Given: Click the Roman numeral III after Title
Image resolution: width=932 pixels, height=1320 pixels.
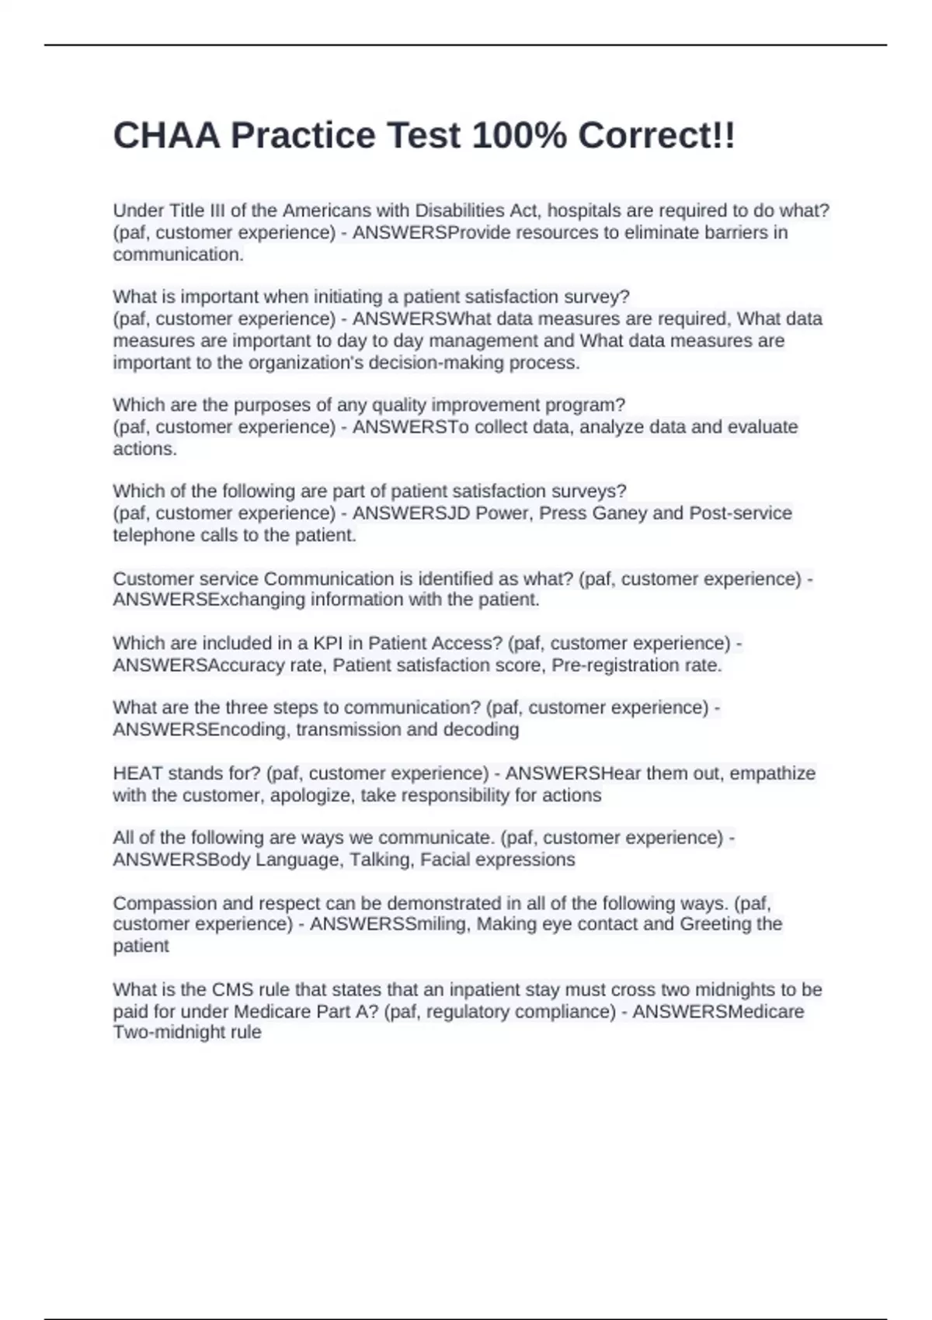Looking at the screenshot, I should tap(217, 210).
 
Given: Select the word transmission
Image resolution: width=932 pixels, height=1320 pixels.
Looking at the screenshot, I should tap(349, 729).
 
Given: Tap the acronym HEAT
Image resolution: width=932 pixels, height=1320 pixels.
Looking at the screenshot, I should tap(137, 773).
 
